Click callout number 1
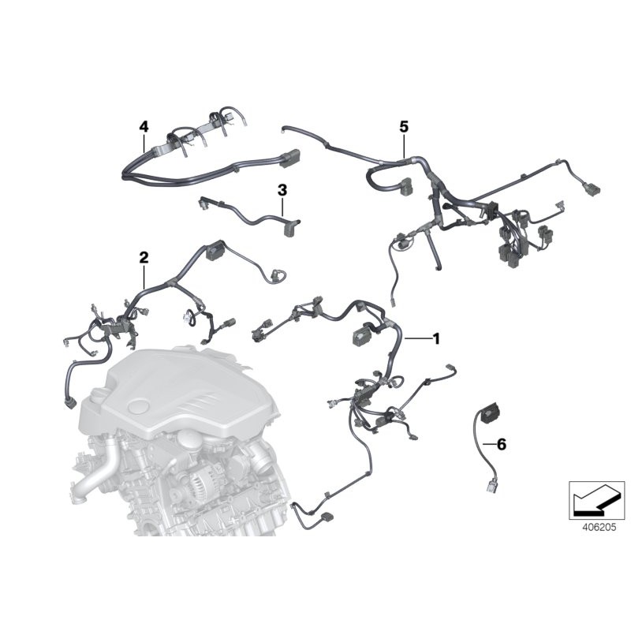(436, 338)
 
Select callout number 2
(144, 257)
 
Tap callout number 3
(282, 190)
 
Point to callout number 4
(144, 126)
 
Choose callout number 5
(404, 126)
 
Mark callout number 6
(502, 445)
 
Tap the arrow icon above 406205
(596, 497)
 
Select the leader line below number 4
(144, 142)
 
